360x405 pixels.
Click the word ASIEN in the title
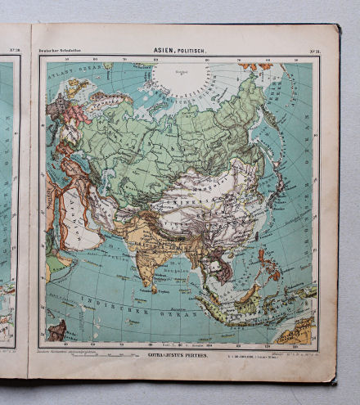[x=163, y=51]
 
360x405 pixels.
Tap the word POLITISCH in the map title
[x=191, y=51]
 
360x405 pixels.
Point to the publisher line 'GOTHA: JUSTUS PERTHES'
[x=176, y=358]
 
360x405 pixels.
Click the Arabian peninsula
[x=67, y=221]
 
